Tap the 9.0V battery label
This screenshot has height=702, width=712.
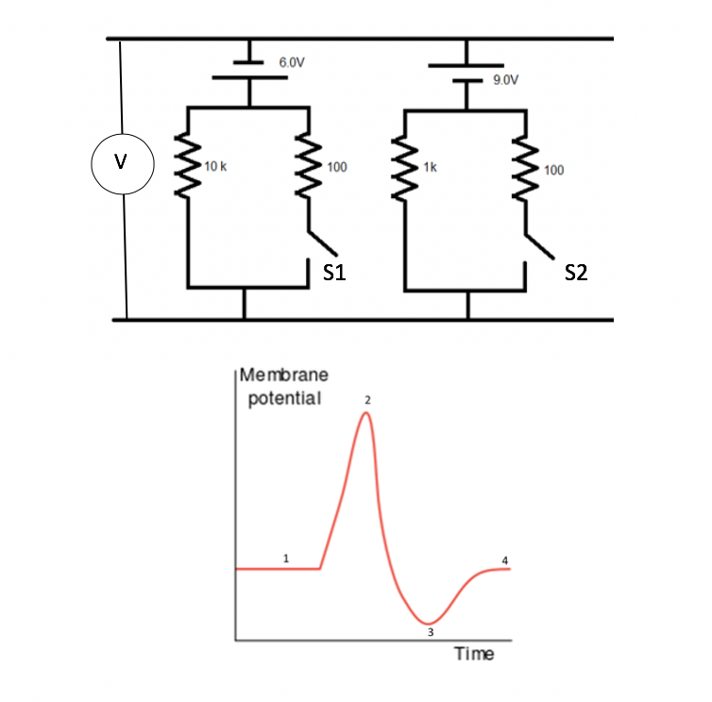(x=506, y=80)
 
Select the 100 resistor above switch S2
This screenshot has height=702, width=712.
(x=523, y=168)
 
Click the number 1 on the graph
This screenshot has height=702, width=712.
(x=287, y=559)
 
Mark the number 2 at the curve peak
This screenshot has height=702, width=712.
(x=368, y=401)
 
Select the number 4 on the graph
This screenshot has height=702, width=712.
(x=504, y=560)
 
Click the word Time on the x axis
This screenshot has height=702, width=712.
(x=474, y=654)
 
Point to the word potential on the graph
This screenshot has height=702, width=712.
(x=284, y=397)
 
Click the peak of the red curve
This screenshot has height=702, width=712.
(x=366, y=414)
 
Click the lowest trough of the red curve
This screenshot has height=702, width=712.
(x=429, y=622)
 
